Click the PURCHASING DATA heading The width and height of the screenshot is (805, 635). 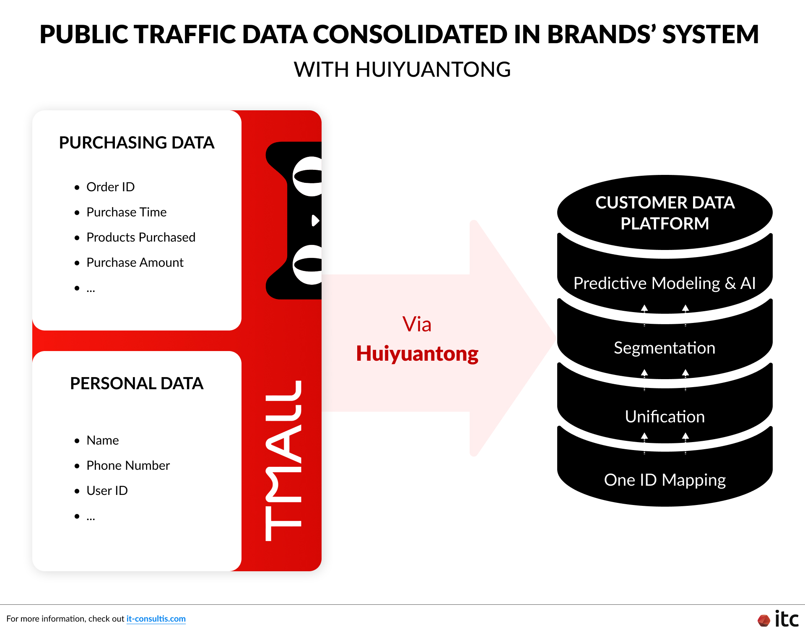137,143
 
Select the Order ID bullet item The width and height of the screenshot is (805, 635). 110,187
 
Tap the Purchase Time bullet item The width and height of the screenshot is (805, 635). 126,212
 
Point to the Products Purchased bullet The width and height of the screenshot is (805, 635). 140,237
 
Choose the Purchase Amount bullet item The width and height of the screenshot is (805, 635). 135,263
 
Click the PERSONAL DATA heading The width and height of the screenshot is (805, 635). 137,383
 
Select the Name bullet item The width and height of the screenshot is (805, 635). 103,440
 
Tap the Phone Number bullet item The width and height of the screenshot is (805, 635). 128,466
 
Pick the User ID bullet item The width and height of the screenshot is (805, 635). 107,491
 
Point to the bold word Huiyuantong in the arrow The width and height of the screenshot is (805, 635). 417,354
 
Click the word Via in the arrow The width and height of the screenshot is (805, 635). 417,324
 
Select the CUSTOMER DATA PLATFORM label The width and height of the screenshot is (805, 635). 665,213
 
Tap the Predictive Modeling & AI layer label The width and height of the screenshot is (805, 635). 665,283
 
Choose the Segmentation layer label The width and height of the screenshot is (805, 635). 665,348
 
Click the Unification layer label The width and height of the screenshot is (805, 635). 665,416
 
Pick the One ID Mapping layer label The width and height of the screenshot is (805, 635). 665,480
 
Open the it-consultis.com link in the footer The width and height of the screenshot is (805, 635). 156,619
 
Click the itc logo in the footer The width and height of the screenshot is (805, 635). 779,619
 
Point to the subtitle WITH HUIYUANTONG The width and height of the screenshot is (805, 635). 402,70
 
